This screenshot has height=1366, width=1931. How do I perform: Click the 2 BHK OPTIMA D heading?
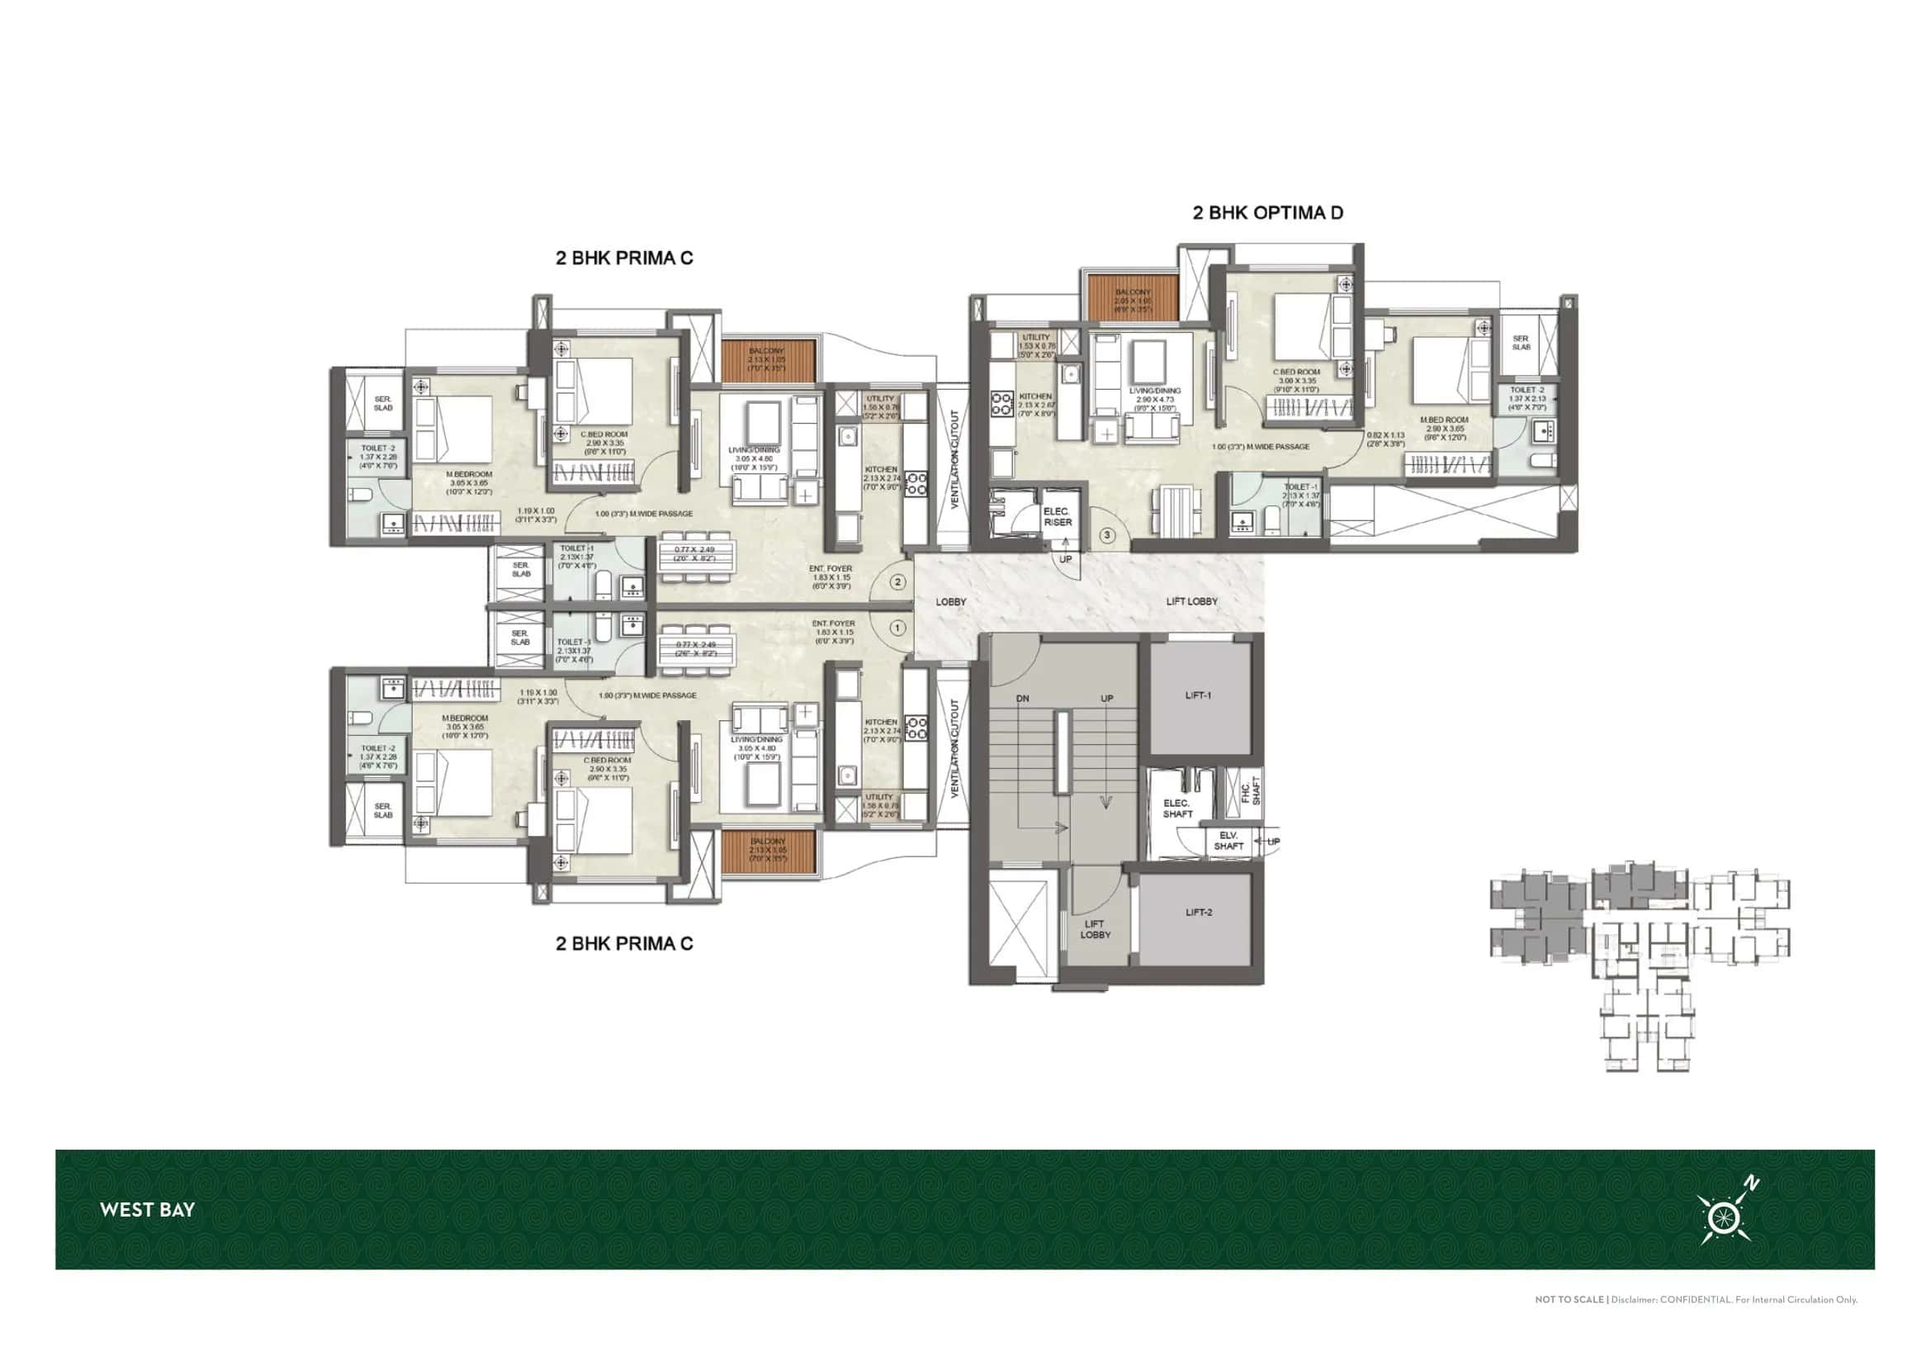[x=1267, y=213]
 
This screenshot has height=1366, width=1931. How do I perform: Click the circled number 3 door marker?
[x=1107, y=535]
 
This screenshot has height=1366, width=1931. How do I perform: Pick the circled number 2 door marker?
[x=898, y=582]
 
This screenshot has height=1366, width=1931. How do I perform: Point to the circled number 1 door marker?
[x=898, y=628]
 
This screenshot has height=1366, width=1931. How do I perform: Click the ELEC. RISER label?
[x=1058, y=516]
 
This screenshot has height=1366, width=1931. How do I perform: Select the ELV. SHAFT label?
[x=1228, y=840]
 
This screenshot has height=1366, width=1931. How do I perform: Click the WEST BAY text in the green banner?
[x=147, y=1210]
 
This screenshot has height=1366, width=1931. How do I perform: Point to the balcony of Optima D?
[x=1133, y=300]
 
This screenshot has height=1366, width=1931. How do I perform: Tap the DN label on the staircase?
[x=1023, y=699]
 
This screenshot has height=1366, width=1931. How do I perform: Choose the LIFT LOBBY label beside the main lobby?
[x=1192, y=601]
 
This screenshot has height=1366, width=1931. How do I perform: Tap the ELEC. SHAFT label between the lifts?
[x=1177, y=809]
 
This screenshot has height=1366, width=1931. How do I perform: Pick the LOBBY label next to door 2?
[x=951, y=602]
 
